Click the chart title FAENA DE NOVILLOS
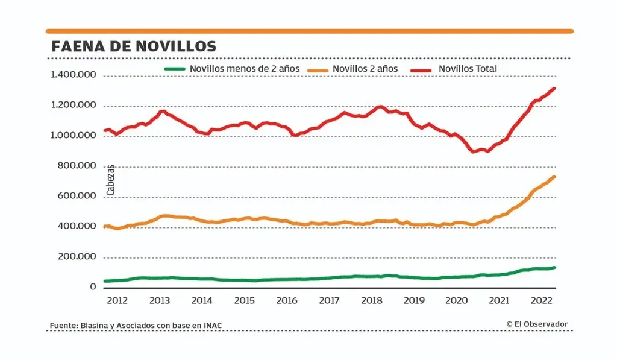[x=133, y=46]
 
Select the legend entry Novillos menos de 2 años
[x=244, y=69]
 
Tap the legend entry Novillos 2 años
[x=365, y=69]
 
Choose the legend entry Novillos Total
[x=468, y=69]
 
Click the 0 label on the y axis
[x=93, y=287]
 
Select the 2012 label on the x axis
[x=116, y=300]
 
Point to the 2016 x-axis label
[x=286, y=300]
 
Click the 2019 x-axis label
[x=414, y=300]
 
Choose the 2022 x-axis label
[x=541, y=300]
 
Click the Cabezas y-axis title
[x=111, y=179]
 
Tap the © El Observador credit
[x=537, y=324]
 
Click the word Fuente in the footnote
[x=62, y=326]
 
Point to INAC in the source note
[x=211, y=326]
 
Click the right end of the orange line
[x=554, y=177]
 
